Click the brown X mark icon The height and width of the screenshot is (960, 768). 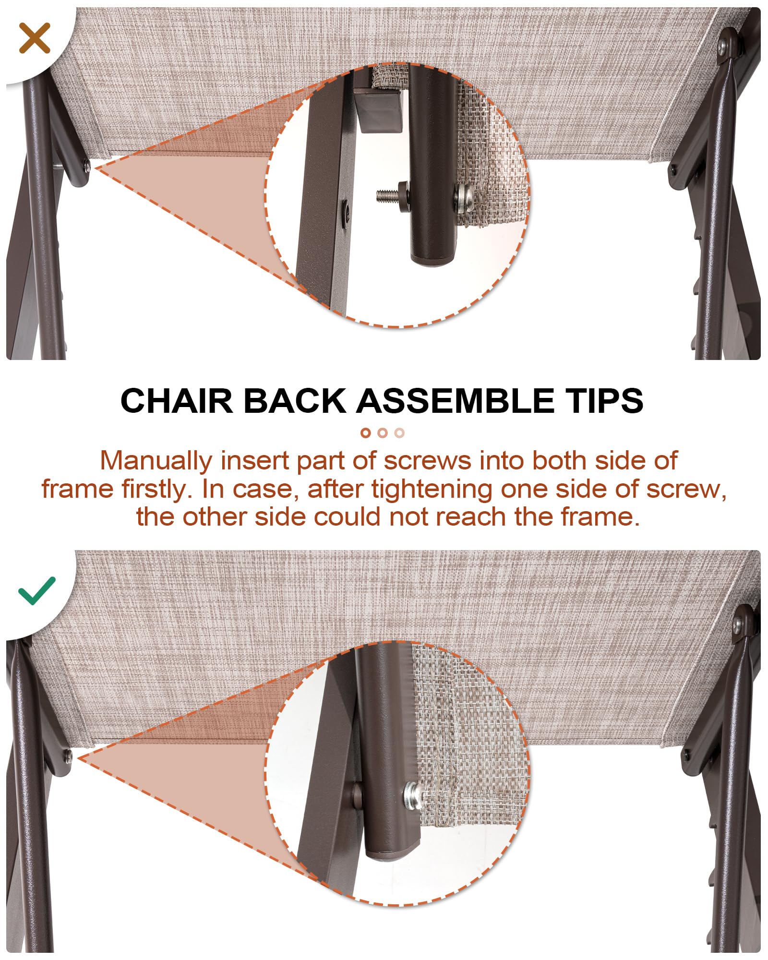click(x=35, y=37)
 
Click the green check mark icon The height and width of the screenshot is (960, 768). click(x=37, y=590)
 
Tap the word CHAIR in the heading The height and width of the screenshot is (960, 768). click(x=177, y=400)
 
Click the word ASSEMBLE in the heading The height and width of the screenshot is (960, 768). click(x=458, y=400)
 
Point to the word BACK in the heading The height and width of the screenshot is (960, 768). click(x=295, y=400)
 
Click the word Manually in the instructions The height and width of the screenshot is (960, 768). click(x=156, y=461)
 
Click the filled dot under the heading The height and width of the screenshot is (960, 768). click(x=366, y=433)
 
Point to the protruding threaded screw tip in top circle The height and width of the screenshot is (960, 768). click(x=387, y=195)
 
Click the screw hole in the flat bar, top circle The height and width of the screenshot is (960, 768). click(x=345, y=209)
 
